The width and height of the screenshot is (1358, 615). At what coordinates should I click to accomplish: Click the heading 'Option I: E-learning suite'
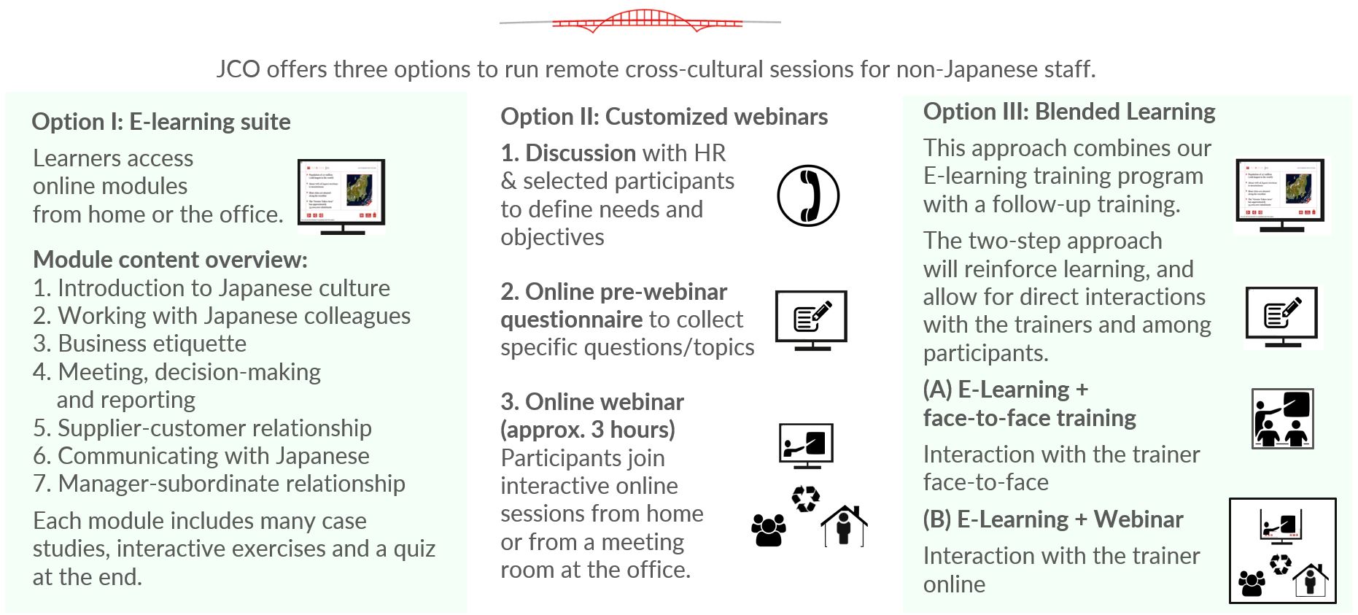point(161,122)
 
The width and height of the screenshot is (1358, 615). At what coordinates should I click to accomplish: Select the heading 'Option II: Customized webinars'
point(664,117)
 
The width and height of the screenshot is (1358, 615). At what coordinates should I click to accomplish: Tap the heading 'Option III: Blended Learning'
point(1069,112)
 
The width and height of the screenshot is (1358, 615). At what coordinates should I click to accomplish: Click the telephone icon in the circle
point(808,196)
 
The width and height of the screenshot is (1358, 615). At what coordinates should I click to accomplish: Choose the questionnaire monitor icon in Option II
point(811,320)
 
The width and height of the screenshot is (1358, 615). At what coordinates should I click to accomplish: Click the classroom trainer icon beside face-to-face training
point(1282,419)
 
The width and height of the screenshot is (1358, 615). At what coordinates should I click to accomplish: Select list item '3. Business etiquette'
point(139,344)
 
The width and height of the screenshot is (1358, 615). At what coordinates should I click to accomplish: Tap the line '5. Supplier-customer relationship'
point(202,428)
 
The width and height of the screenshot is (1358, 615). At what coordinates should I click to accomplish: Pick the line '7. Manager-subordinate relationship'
point(219,484)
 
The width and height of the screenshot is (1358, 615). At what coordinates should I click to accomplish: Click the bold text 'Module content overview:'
point(171,260)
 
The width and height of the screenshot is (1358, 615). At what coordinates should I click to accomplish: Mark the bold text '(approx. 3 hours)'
point(588,430)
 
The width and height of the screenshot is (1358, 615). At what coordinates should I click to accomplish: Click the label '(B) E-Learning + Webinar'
point(1053,519)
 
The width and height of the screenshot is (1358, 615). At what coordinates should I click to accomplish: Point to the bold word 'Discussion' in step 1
point(581,153)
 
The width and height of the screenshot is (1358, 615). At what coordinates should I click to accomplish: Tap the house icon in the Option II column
point(845,525)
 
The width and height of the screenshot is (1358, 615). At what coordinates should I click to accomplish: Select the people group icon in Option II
point(769,530)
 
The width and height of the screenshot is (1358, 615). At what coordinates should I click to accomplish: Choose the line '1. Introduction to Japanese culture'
point(212,288)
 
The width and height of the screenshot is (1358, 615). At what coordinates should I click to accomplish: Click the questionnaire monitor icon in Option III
point(1282,318)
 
